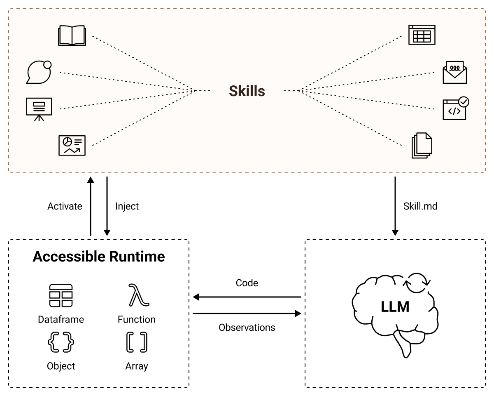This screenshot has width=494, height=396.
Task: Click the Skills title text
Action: [x=247, y=91]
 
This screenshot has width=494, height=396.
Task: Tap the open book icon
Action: [x=72, y=35]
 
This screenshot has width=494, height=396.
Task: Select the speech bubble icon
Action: [x=40, y=72]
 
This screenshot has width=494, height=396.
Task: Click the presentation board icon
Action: [x=39, y=108]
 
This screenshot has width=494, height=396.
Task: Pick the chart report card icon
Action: [x=72, y=145]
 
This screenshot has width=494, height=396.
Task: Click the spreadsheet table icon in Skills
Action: [x=422, y=35]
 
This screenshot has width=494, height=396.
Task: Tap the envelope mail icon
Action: [x=454, y=73]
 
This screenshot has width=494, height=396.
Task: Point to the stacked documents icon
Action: [x=422, y=145]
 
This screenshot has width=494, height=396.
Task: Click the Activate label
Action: [x=65, y=206]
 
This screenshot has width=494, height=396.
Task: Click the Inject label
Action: [x=127, y=206]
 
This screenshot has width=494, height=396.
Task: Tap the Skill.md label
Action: [x=420, y=206]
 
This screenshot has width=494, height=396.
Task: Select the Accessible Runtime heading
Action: [x=99, y=257]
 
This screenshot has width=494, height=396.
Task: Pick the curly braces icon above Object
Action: [x=61, y=342]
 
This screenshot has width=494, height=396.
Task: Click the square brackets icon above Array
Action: [x=137, y=342]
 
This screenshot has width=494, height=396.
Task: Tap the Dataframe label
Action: [x=61, y=319]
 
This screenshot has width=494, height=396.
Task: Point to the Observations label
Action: [x=247, y=328]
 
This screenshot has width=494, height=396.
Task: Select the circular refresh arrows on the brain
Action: [x=417, y=283]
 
